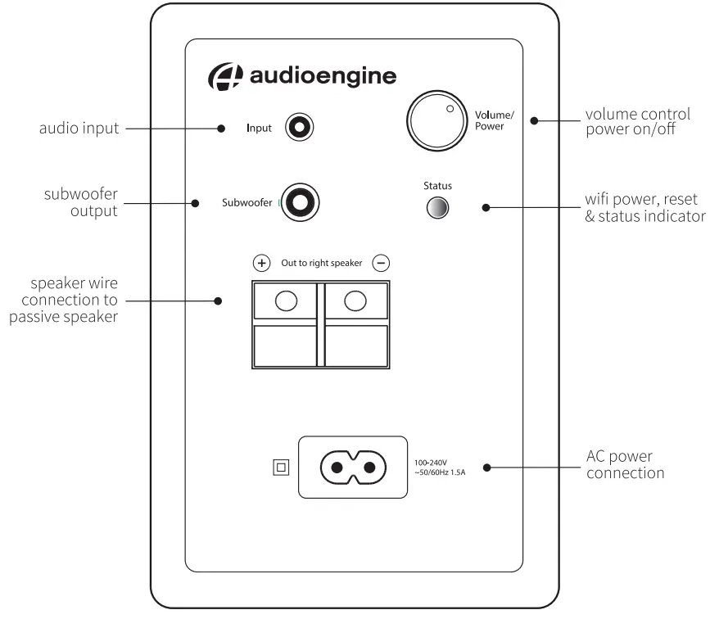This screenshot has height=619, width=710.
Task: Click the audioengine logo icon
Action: coord(226,76)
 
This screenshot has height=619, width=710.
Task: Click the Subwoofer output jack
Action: coord(300,202)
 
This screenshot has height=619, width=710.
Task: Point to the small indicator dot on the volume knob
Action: coord(449,107)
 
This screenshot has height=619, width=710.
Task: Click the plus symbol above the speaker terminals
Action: coord(261,263)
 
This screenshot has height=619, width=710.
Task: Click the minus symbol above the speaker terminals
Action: coord(381,263)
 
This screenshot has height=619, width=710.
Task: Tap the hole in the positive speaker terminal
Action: coord(285,301)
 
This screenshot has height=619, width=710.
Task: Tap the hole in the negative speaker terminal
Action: coord(355,301)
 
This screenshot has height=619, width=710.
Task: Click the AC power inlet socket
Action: coord(352,468)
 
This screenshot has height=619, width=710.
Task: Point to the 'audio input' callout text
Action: coord(79,129)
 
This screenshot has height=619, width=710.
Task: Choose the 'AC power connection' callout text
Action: coord(625,464)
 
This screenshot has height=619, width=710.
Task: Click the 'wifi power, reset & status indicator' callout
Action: coord(644,208)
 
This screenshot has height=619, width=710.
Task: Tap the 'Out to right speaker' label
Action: coord(321,263)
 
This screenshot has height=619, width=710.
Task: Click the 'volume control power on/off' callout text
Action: coord(638,121)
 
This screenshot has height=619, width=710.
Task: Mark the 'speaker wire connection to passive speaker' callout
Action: coord(64,300)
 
